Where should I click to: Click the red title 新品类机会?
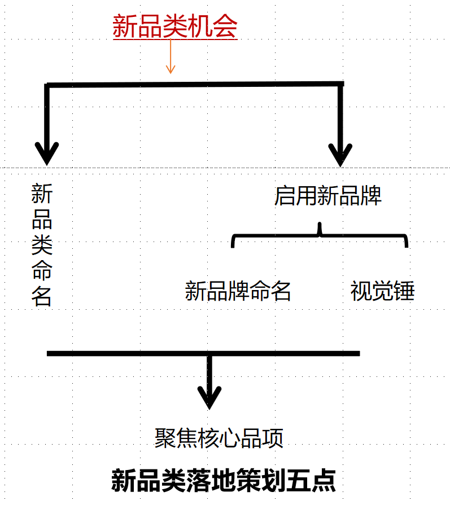pos(175,27)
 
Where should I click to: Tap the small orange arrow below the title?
pos(171,56)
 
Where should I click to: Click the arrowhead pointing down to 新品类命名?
pos(47,153)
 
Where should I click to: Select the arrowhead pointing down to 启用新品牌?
pos(340,155)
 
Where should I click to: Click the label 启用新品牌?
pos(328,196)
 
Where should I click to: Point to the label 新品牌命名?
pos(238,291)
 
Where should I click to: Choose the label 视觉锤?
pos(382,291)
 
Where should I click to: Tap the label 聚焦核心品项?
pos(219,438)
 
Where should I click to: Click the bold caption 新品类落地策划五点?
pos(224,481)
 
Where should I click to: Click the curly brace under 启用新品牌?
pos(320,236)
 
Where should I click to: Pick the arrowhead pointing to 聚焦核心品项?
pos(209,397)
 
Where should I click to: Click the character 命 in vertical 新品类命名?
pos(42,270)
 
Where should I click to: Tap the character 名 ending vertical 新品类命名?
pos(42,296)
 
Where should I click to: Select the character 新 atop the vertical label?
pos(42,194)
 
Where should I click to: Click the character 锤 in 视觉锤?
pos(404,291)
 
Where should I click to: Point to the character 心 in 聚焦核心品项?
pos(230,438)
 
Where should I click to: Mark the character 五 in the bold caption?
pos(299,481)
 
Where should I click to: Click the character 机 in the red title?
pos(200,27)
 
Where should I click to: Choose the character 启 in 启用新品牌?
pos(285,196)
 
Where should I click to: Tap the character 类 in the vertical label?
pos(42,244)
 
